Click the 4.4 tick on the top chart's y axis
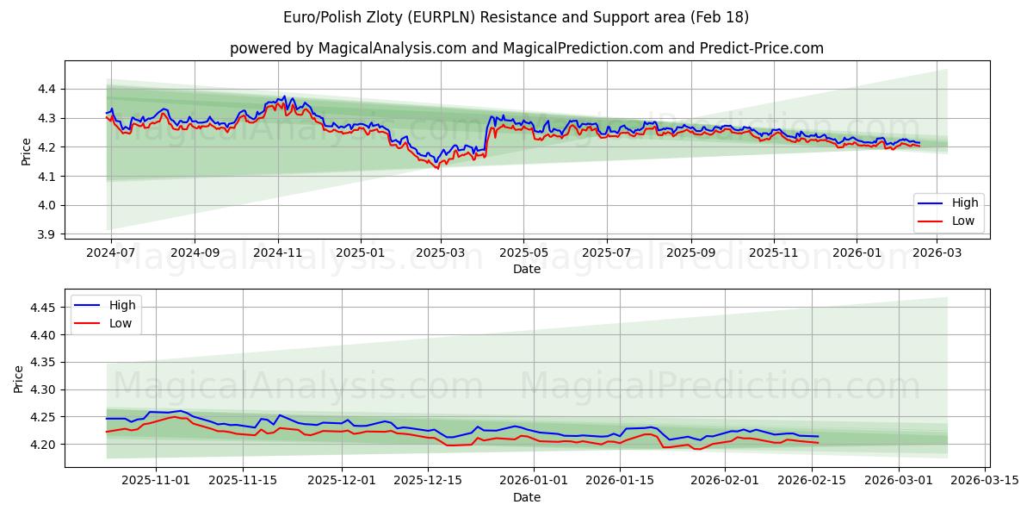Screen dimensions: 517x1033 pos(47,89)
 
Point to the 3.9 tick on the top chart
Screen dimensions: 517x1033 pos(47,234)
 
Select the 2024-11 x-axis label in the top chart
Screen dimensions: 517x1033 pos(277,253)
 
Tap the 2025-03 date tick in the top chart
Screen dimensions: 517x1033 pos(441,253)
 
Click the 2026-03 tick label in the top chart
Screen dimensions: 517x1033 pos(937,253)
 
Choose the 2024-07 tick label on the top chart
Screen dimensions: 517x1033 pos(111,253)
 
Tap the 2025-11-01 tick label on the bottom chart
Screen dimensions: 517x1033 pos(156,481)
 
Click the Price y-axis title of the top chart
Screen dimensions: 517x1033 pos(26,152)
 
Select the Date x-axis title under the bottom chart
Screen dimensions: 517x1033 pos(527,497)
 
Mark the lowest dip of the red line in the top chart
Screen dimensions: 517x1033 pos(437,168)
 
